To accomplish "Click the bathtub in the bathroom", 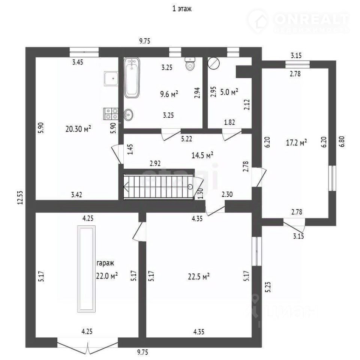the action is click(132, 78).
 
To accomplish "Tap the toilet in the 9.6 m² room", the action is click(190, 64).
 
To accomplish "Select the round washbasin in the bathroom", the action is click(128, 114).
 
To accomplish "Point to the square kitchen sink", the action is click(111, 78).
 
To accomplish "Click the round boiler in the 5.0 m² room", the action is click(213, 63).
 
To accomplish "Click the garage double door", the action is click(87, 345).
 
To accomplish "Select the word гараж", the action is click(105, 263).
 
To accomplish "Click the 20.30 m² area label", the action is click(78, 129).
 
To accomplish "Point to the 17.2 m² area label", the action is click(296, 142).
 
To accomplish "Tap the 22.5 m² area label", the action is click(199, 276).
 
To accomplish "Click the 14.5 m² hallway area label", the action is click(202, 155).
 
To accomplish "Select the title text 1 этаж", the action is click(182, 9).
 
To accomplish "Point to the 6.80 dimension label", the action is click(342, 142).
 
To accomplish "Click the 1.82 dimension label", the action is click(229, 122).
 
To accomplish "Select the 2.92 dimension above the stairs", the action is click(155, 163).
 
